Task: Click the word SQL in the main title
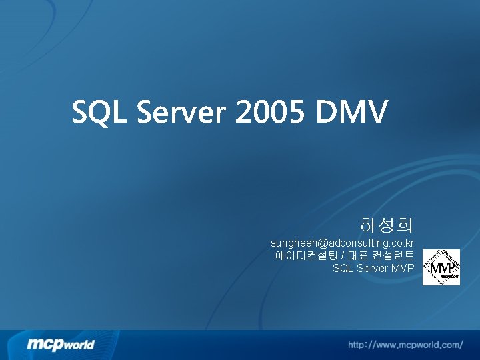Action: (100, 113)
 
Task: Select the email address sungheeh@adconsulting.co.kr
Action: (342, 243)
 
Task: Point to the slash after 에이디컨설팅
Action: (343, 255)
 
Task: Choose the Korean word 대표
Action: (358, 255)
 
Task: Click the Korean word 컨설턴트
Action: (394, 255)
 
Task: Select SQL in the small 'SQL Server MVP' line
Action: (343, 268)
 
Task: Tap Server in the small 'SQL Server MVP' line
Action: (373, 268)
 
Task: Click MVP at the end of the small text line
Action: (403, 268)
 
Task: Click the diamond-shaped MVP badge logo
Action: (441, 267)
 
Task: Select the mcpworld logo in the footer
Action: (61, 345)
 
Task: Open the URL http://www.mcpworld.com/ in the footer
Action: (405, 345)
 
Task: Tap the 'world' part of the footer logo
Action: (79, 345)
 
